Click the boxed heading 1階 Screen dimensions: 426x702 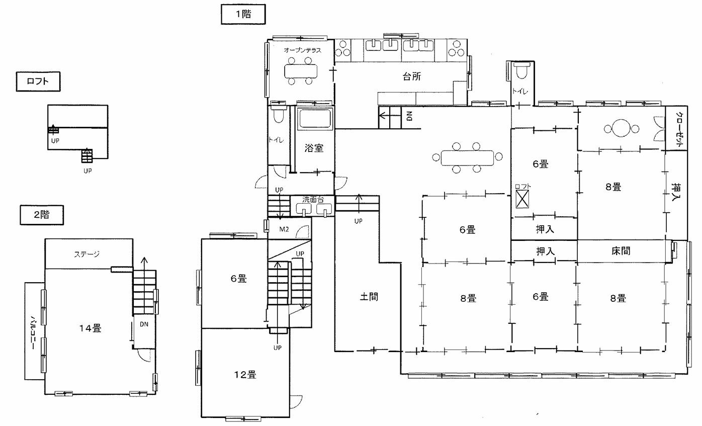coord(243,15)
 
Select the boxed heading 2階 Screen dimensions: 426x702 coord(42,215)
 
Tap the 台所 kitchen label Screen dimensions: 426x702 coord(412,76)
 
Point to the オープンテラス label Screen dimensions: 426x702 coord(302,50)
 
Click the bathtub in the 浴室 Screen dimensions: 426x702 coord(314,120)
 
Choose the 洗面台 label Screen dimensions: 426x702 coord(313,200)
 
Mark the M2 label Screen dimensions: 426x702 coord(284,230)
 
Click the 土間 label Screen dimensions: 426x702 coord(369,297)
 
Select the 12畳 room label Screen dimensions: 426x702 coord(245,375)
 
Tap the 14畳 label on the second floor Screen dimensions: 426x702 coord(90,328)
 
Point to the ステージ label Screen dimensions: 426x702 coord(86,254)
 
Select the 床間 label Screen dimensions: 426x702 coord(621,251)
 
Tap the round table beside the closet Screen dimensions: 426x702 coord(621,129)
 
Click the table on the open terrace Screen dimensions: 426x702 coord(301,71)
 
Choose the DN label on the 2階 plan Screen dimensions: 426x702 coord(144,324)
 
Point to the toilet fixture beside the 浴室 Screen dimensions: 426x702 coord(278,114)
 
